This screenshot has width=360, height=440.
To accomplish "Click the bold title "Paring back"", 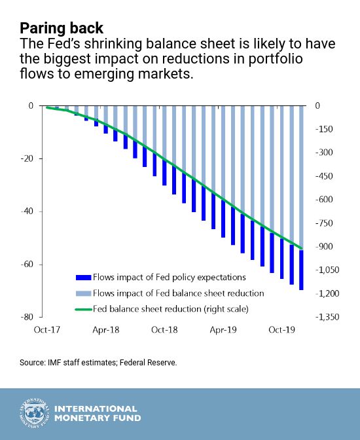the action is click(62, 29).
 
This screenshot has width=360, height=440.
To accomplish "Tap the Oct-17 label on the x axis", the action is click(47, 329).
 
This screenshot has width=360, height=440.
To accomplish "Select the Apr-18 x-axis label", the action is click(106, 329).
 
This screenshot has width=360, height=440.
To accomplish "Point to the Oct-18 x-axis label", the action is click(164, 329).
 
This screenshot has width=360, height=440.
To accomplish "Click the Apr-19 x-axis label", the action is click(223, 329).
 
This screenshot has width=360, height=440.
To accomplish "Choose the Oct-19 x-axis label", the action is click(281, 329).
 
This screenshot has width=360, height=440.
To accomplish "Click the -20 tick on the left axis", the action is click(27, 158).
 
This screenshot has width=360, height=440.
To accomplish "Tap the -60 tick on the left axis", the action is click(27, 265).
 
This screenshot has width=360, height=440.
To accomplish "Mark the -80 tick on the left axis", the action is click(27, 317).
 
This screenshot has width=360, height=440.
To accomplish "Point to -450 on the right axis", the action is click(324, 176).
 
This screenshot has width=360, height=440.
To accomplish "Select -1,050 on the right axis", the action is click(327, 270).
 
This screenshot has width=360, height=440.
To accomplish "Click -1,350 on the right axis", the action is click(327, 317).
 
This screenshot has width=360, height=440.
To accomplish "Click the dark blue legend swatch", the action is click(83, 278).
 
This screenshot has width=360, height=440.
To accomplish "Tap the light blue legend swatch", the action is click(83, 293).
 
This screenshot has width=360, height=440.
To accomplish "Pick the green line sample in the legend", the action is click(83, 310).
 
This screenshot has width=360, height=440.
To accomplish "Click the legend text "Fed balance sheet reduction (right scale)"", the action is click(171, 309).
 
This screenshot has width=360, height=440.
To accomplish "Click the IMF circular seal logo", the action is click(35, 413).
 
